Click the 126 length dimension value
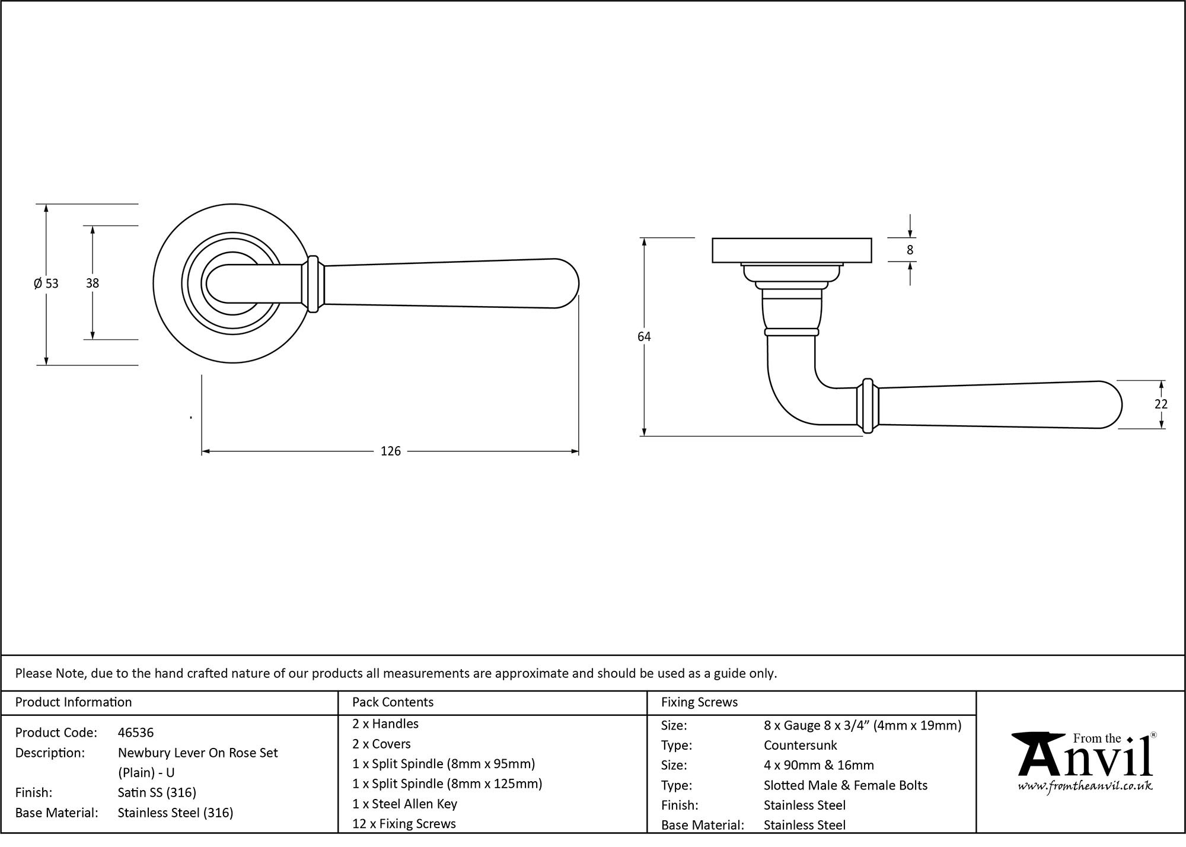click(390, 451)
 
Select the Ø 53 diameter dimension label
click(46, 284)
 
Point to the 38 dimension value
click(93, 284)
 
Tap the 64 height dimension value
click(644, 337)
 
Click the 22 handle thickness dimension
click(1161, 404)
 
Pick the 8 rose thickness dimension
click(910, 250)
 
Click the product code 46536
click(136, 733)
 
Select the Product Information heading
click(74, 702)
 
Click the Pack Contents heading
click(393, 702)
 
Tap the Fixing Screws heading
click(699, 702)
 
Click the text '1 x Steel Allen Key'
click(404, 804)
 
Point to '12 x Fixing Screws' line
click(404, 824)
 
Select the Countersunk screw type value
click(800, 745)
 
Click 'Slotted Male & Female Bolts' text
click(845, 785)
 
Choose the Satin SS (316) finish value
click(157, 792)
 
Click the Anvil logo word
click(1085, 761)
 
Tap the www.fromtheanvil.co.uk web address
click(1085, 786)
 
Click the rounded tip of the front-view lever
click(569, 284)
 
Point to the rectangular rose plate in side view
click(791, 250)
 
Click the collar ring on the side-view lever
click(868, 406)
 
